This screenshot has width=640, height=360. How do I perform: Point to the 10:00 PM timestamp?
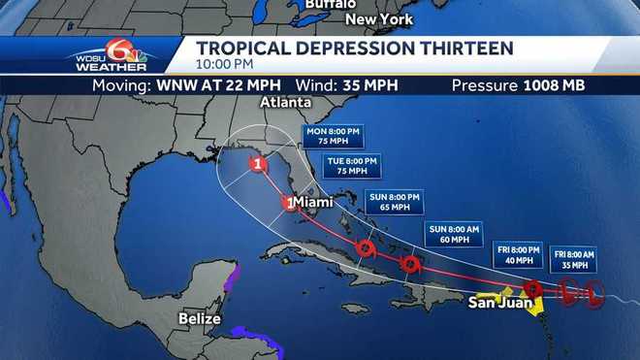[x=225, y=64]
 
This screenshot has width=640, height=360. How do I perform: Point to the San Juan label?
[x=500, y=302]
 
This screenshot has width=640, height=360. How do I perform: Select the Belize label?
[x=200, y=318]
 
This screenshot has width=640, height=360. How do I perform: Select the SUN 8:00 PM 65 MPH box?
[x=395, y=201]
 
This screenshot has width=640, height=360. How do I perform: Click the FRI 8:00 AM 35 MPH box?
[x=575, y=259]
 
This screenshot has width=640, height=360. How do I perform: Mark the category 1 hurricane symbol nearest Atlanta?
[x=258, y=164]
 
